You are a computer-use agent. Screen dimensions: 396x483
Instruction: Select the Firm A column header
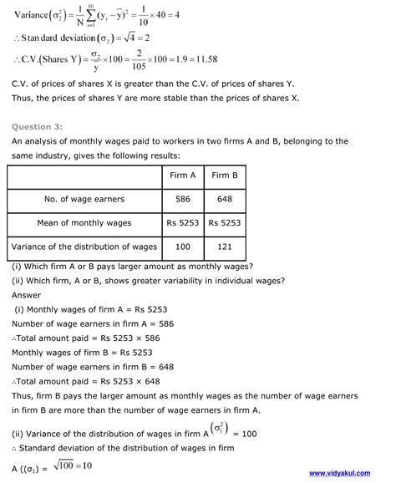point(181,175)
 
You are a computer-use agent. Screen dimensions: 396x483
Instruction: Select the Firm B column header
point(225,175)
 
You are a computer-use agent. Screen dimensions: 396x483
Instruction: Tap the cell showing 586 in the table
point(181,200)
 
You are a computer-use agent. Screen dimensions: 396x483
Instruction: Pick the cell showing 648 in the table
point(225,200)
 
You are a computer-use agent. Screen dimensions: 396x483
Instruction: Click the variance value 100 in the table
point(181,247)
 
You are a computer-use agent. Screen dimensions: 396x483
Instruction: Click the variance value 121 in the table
point(225,247)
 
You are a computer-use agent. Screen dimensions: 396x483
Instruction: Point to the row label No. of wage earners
point(84,200)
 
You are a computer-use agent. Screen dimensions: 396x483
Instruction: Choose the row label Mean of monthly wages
point(84,223)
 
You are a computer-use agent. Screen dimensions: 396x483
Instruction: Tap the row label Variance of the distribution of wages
point(84,247)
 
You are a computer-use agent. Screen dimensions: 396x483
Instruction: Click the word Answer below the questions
point(27,294)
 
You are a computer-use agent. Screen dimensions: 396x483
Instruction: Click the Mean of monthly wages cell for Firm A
point(181,223)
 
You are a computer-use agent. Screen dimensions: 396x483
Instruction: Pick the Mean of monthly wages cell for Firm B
point(225,223)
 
